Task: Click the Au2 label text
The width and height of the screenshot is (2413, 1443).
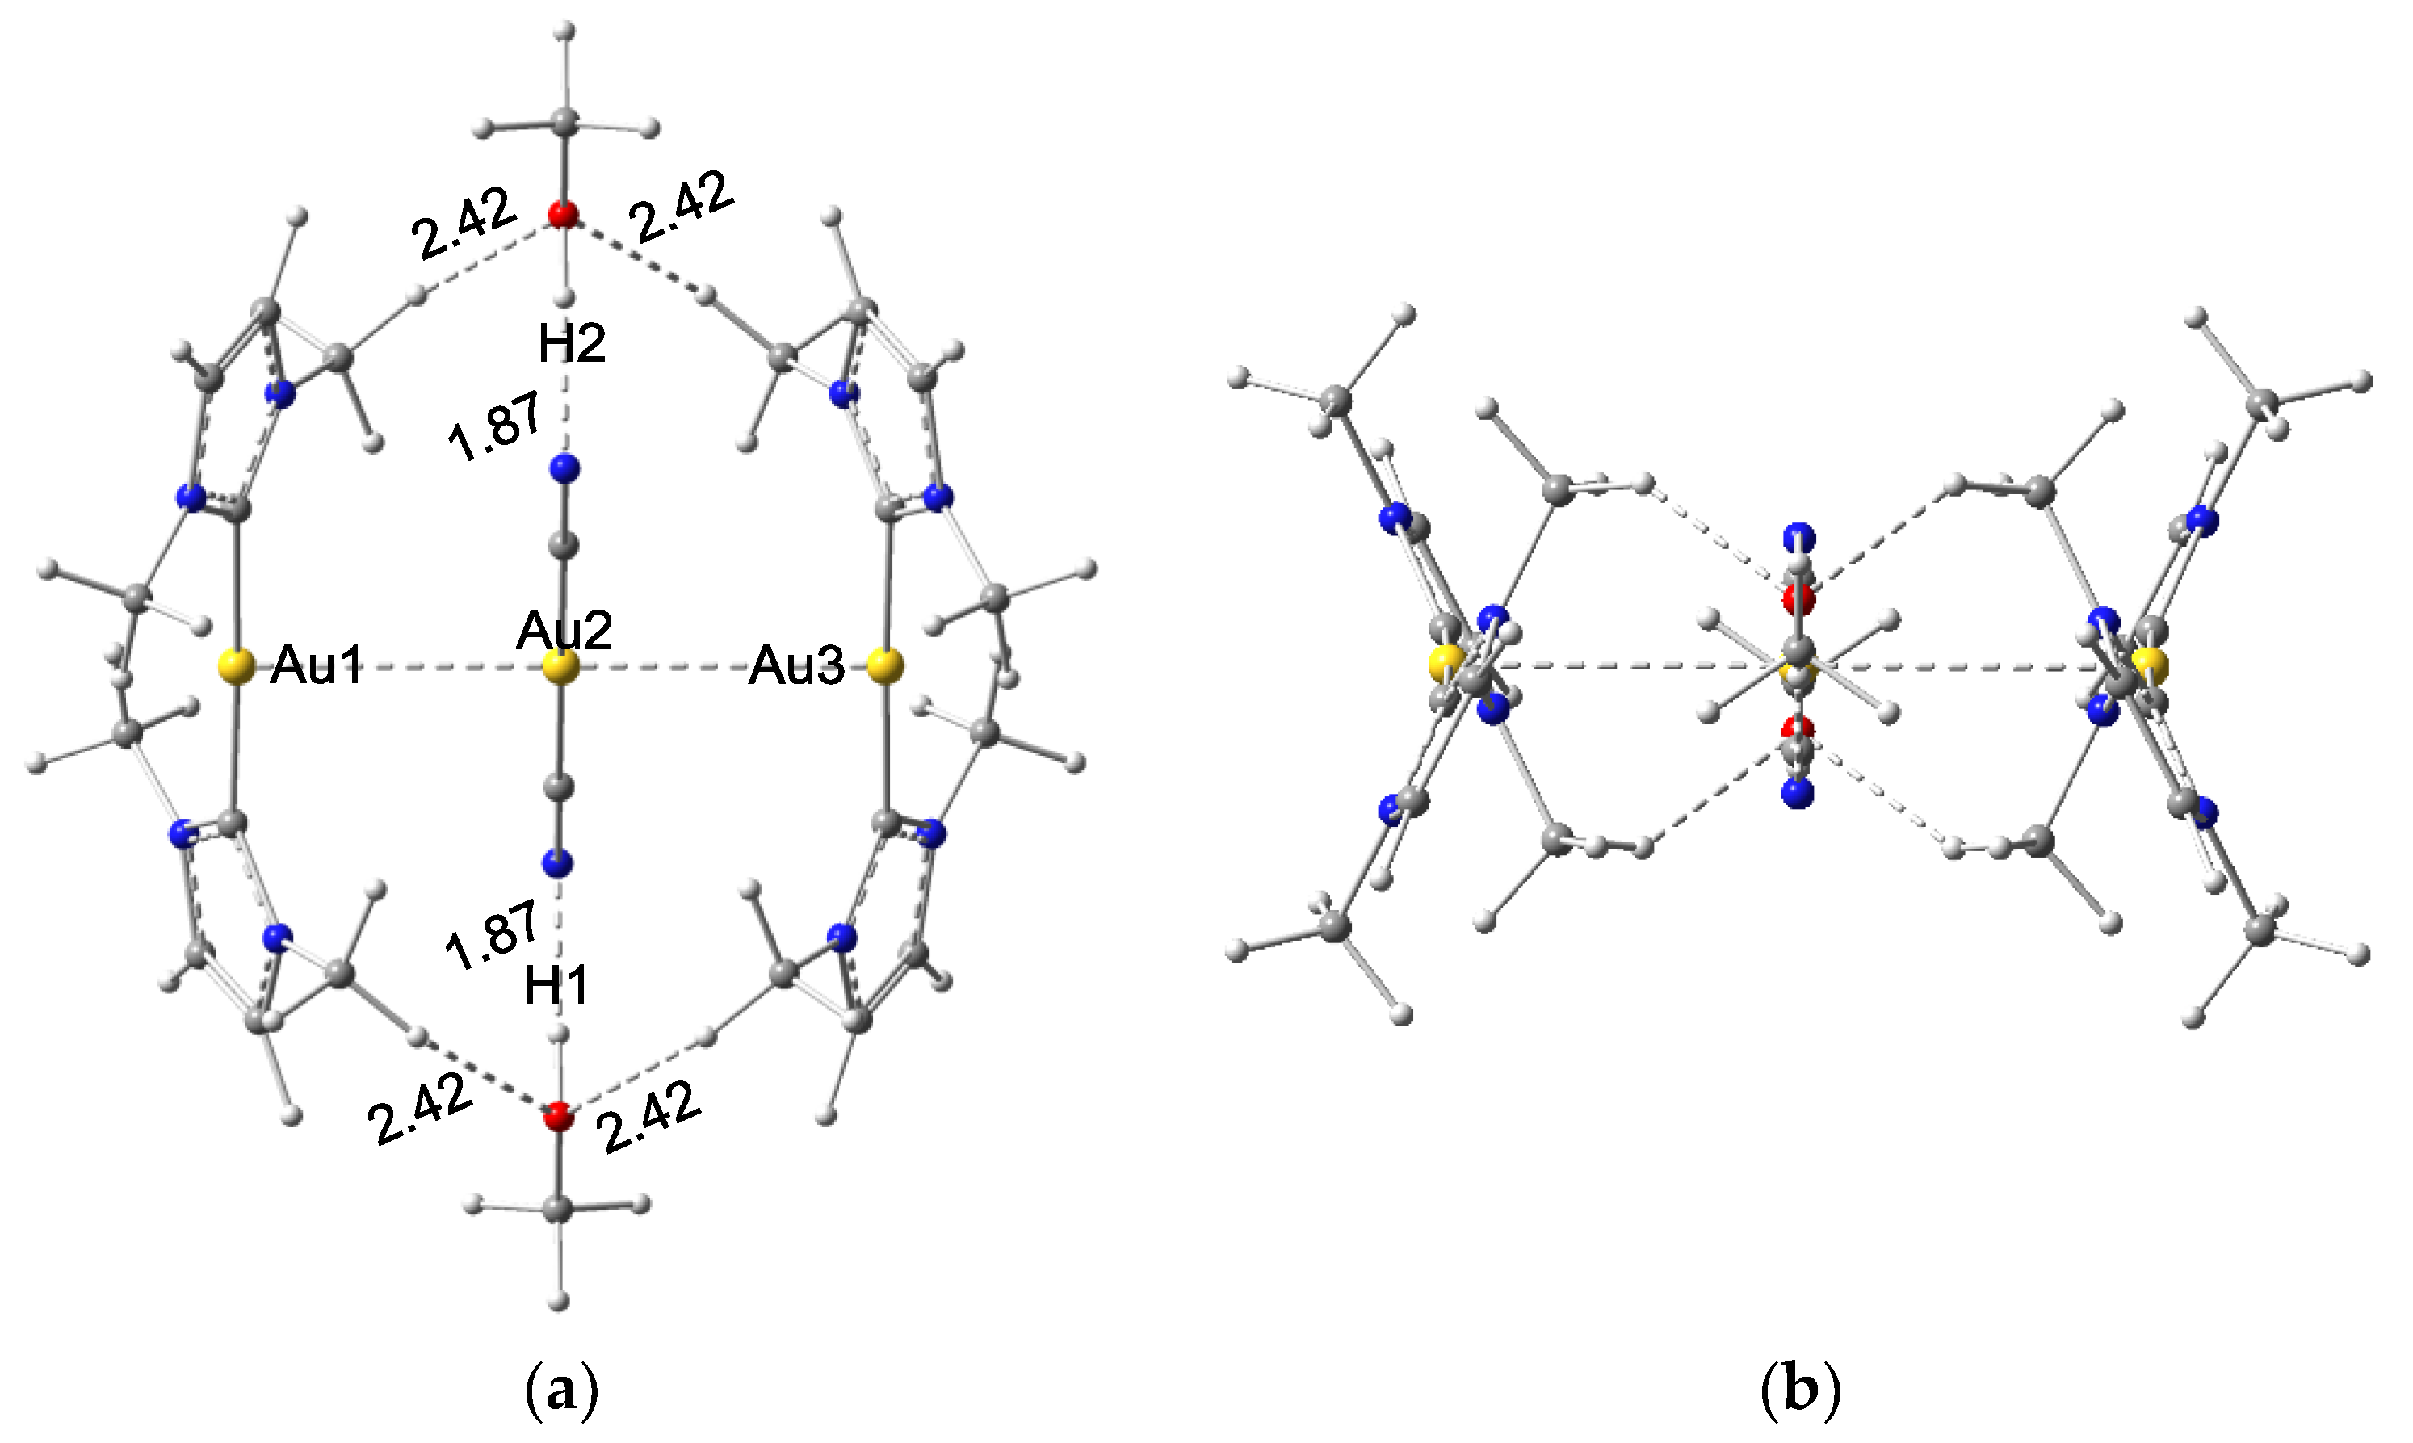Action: tap(564, 631)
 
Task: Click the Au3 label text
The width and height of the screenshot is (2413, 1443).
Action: tap(796, 668)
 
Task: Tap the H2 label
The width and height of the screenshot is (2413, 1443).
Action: tap(572, 343)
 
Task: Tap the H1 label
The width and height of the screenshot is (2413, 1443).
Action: tap(557, 987)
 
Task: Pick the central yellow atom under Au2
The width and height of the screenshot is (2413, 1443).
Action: tap(561, 668)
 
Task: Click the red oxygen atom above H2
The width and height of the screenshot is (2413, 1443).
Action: tap(562, 214)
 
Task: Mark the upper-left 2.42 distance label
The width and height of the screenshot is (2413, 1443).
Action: tap(463, 224)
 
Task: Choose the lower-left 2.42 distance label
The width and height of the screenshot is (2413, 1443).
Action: tap(420, 1109)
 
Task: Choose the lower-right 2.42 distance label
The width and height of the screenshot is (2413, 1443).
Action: tap(649, 1118)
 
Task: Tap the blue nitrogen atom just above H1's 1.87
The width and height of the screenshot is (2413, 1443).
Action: tap(558, 862)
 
